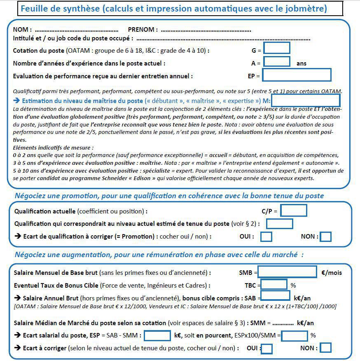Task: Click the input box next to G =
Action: (276, 48)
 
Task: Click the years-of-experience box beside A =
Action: (276, 62)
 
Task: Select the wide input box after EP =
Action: (297, 75)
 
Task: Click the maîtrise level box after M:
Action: (305, 100)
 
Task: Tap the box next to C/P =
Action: (293, 211)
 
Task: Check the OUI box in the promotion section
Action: (266, 237)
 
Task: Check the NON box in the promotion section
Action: (325, 237)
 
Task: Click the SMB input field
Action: (287, 272)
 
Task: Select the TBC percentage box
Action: (274, 284)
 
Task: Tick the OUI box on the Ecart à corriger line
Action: (266, 349)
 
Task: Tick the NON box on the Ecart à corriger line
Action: (325, 348)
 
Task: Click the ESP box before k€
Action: (157, 335)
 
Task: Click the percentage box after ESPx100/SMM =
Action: (294, 335)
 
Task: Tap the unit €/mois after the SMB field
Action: (331, 272)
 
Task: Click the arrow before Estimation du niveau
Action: (16, 101)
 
